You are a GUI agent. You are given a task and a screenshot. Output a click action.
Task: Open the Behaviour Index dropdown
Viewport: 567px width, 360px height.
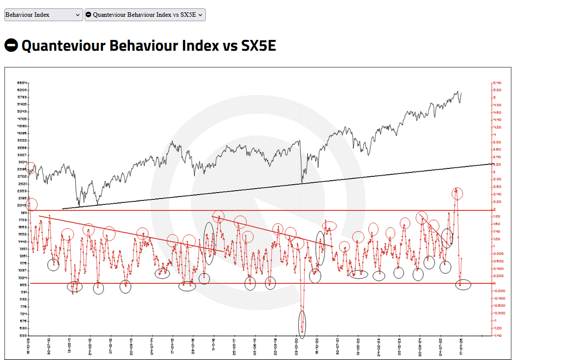43,15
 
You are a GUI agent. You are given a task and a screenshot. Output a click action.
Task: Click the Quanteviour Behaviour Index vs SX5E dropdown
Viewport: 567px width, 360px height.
145,15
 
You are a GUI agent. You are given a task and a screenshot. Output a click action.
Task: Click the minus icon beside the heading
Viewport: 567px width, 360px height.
11,45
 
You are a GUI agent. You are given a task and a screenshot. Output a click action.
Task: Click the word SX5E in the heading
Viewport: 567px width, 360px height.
258,46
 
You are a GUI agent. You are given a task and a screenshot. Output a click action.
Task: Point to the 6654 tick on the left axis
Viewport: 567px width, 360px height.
22,83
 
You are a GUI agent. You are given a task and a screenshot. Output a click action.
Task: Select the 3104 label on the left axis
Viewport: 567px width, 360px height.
22,162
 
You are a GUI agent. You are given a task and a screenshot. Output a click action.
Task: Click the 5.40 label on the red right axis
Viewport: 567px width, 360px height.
497,83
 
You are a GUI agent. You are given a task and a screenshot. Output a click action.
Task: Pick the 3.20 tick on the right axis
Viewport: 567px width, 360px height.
497,164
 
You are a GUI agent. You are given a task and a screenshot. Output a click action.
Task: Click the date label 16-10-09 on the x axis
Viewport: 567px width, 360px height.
29,346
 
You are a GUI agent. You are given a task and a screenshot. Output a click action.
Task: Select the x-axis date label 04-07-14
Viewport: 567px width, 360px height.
153,346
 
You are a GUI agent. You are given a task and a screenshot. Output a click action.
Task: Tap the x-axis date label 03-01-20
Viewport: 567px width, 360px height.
297,346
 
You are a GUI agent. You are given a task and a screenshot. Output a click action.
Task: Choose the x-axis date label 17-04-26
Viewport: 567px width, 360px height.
461,346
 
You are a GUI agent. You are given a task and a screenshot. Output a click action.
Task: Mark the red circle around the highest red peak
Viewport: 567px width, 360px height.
457,194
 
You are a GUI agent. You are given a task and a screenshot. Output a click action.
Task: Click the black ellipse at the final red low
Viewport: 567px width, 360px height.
463,284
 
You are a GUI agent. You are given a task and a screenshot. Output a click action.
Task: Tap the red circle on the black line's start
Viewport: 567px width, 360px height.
31,168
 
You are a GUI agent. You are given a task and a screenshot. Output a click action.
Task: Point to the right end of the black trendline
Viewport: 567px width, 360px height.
492,164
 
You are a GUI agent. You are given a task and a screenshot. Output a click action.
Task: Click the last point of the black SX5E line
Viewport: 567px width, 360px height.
461,93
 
